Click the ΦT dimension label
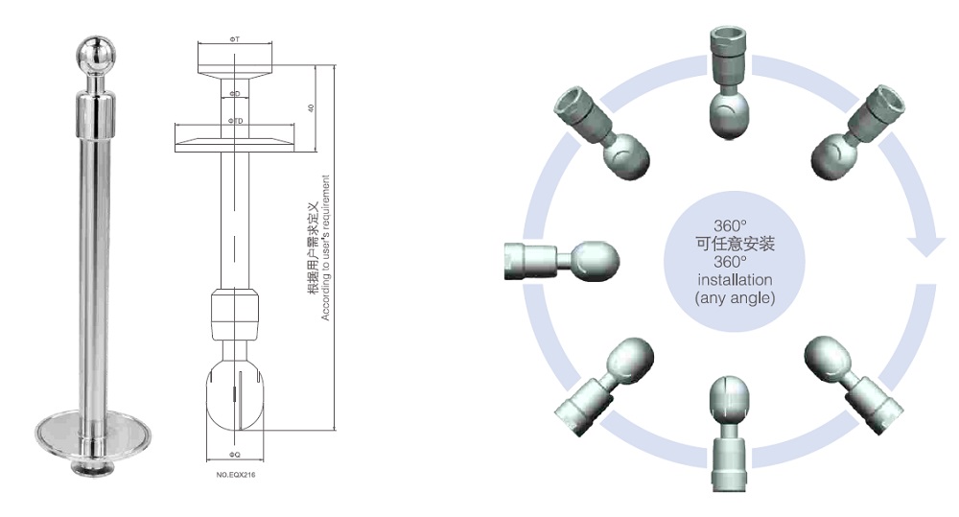[235, 37]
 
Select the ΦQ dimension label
[235, 450]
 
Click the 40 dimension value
[310, 108]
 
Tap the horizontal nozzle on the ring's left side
[561, 259]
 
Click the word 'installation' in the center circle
[735, 280]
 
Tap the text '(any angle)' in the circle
[735, 298]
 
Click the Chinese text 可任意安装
[735, 244]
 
